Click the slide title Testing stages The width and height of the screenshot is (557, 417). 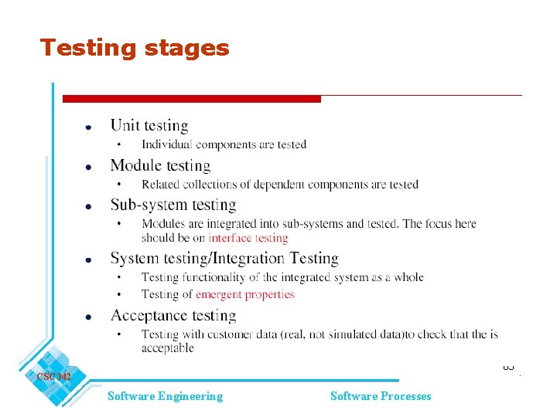tap(135, 48)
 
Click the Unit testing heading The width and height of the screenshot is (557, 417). tap(149, 125)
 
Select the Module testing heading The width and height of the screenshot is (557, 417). tap(160, 165)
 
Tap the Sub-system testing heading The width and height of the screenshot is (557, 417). tap(173, 205)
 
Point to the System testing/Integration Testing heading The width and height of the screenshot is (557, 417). tap(224, 258)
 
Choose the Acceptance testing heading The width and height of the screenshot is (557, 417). tap(173, 315)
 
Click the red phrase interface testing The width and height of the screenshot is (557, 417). tap(248, 238)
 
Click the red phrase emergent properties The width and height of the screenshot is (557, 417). tap(245, 294)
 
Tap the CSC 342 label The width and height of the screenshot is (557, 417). tap(53, 377)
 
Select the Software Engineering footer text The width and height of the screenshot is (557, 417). tap(165, 396)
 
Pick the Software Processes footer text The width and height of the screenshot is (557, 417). tap(381, 396)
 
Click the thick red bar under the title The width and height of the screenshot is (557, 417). tap(191, 99)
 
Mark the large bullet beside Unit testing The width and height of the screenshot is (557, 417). tap(89, 127)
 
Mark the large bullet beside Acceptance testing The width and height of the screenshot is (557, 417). tap(89, 317)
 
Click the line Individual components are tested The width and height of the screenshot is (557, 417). tap(224, 144)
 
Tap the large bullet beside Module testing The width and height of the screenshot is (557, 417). tap(89, 167)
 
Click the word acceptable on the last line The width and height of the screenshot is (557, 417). tap(167, 348)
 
